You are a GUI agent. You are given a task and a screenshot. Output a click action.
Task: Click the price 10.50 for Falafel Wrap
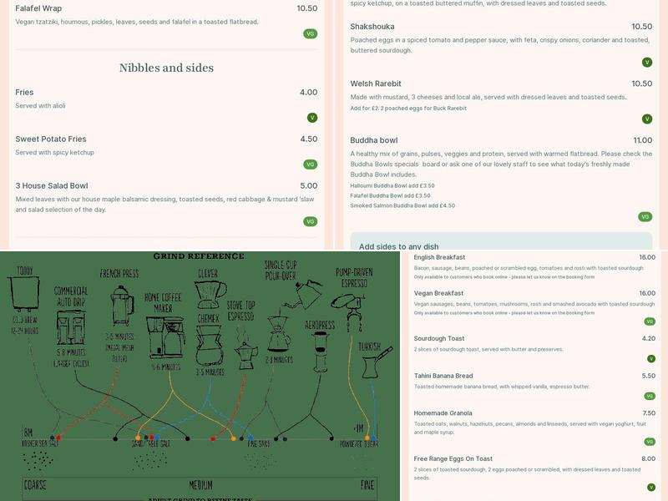point(306,8)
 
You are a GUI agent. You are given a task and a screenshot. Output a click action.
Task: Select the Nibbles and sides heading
point(166,68)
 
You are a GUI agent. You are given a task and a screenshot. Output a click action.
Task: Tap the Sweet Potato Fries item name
point(51,139)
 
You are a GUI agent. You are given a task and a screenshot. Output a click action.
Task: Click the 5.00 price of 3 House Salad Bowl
point(308,185)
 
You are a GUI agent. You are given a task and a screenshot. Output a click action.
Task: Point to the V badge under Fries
point(312,118)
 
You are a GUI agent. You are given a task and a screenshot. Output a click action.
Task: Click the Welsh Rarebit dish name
point(376,83)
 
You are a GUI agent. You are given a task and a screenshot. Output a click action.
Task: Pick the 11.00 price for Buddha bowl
point(642,140)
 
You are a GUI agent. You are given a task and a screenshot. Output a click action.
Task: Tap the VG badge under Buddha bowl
point(645,216)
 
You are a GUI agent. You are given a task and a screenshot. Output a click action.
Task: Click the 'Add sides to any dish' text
point(398,246)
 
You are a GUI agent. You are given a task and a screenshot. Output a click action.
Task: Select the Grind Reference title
point(199,256)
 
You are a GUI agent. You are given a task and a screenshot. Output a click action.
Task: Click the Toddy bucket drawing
point(24,292)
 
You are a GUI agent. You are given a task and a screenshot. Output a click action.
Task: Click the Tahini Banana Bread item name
point(443,376)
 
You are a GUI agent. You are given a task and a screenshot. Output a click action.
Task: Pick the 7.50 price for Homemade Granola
point(648,412)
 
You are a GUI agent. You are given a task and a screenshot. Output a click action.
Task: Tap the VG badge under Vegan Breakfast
point(649,321)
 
